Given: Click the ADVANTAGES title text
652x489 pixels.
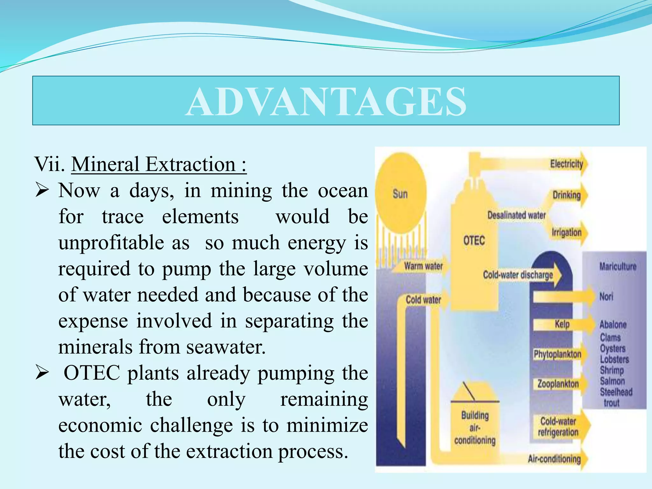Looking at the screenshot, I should (326, 102).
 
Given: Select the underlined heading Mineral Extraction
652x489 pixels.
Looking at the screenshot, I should (159, 165).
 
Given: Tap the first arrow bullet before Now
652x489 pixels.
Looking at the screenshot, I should (42, 191).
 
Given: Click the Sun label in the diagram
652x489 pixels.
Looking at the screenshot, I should (400, 194).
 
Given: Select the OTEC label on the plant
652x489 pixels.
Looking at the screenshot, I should (474, 240).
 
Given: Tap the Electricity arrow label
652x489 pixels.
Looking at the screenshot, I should (566, 164).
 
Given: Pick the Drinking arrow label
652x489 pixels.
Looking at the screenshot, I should (566, 195).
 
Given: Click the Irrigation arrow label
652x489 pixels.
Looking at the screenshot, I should (566, 232).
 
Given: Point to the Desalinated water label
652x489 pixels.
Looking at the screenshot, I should (516, 215).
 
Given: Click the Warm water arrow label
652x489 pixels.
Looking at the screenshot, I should (423, 266).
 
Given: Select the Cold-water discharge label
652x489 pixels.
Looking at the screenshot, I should (518, 275).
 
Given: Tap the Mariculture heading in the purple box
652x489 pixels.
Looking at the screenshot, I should (618, 266).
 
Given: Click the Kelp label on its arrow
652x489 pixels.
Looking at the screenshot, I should (562, 324).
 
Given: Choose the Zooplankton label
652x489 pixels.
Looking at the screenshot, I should (558, 384).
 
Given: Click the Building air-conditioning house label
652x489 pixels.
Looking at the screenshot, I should (475, 428).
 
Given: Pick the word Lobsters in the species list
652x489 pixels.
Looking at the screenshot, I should (614, 359).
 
